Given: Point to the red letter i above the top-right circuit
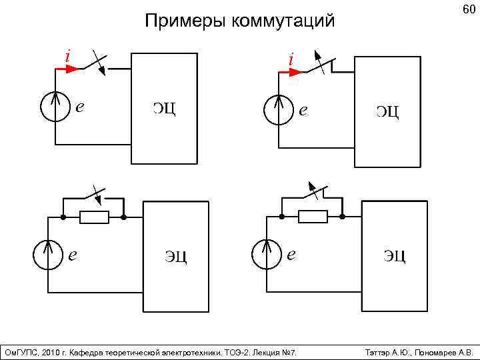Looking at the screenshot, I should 291,59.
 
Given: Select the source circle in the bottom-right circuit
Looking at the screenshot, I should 266,255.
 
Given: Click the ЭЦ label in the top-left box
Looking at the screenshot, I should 164,108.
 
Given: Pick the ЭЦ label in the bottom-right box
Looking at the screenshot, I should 394,255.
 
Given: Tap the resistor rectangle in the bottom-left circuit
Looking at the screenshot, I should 94,217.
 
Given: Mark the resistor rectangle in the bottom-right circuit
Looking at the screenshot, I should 313,216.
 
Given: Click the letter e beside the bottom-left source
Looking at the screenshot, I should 73,254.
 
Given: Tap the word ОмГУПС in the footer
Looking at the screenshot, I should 21,352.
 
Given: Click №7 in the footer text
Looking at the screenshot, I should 289,352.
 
